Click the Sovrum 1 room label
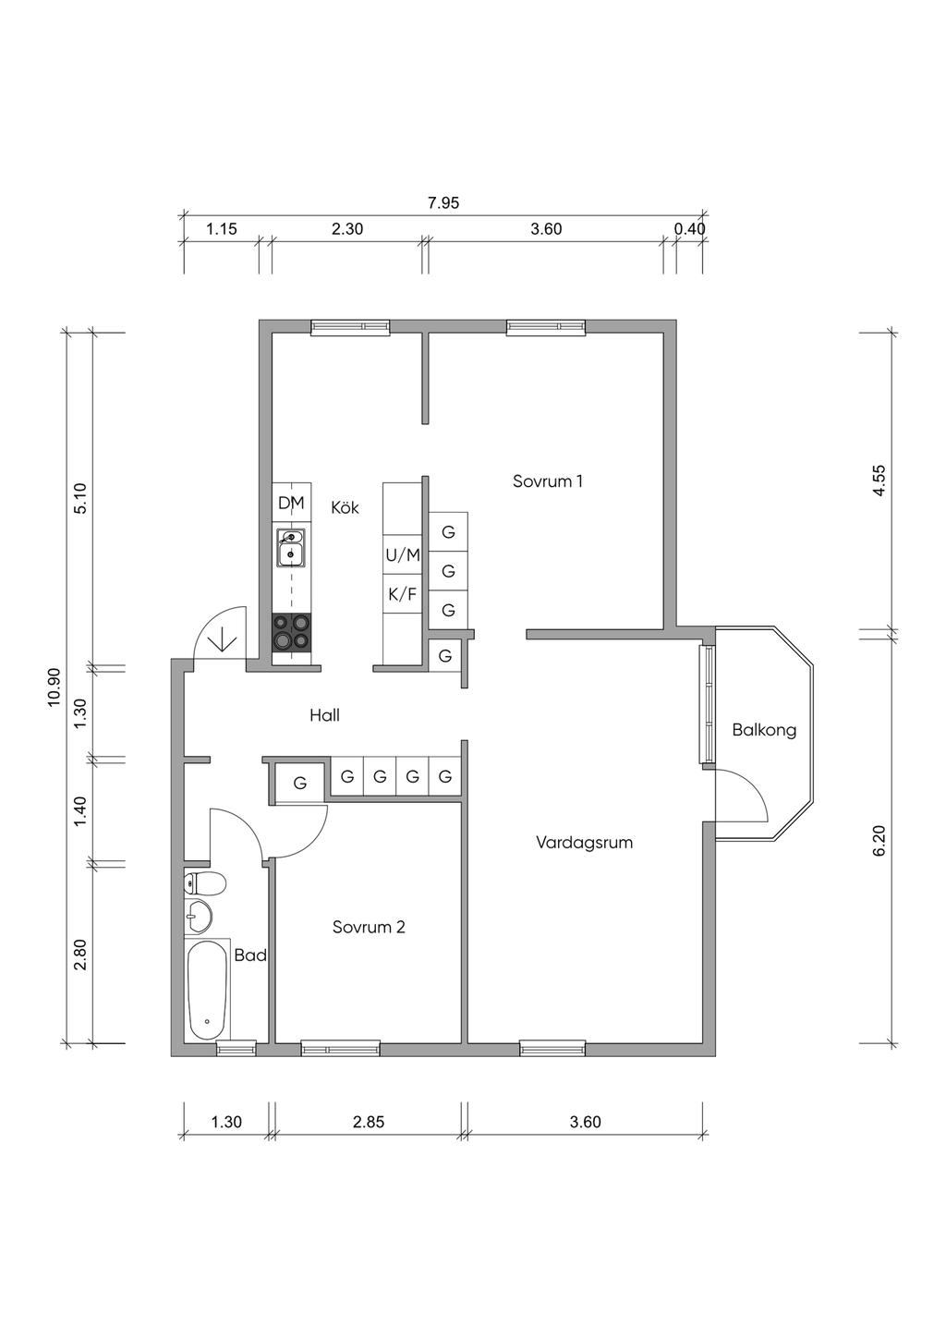coord(548,481)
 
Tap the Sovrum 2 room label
coord(369,927)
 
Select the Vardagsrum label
coord(584,843)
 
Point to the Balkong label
coord(764,730)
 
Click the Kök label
coord(345,507)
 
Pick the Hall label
coord(324,715)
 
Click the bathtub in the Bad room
coord(207,990)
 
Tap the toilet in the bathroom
coord(204,884)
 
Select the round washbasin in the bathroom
coord(200,918)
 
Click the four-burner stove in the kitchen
coord(291,633)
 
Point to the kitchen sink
coord(291,548)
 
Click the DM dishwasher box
coord(291,503)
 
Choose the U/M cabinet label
coord(403,555)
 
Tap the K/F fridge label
coord(403,594)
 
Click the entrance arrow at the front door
coord(222,639)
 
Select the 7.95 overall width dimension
coord(443,203)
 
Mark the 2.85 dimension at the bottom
coord(369,1122)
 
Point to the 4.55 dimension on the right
coord(879,481)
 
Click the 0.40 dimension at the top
coord(689,229)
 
